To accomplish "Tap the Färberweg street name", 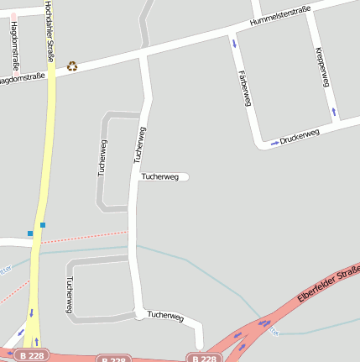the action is pos(245,87).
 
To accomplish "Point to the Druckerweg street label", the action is pos(300,134).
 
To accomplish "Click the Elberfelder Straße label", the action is pos(329,286).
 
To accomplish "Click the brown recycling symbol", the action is pos(72,66).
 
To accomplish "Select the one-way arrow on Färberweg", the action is pos(234,42).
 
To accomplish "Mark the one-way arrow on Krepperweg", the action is pos(334,111).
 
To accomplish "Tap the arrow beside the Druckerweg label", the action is pos(274,143).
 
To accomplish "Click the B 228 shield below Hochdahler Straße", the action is pos(31,356).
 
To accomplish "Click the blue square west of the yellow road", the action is pos(30,233).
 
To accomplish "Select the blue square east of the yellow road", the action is pos(43,224).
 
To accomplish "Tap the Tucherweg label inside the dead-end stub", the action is pos(159,176).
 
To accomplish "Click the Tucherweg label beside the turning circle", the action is pos(165,316).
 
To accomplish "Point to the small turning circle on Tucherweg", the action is pos(138,315).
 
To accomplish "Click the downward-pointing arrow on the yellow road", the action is pos(32,313).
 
